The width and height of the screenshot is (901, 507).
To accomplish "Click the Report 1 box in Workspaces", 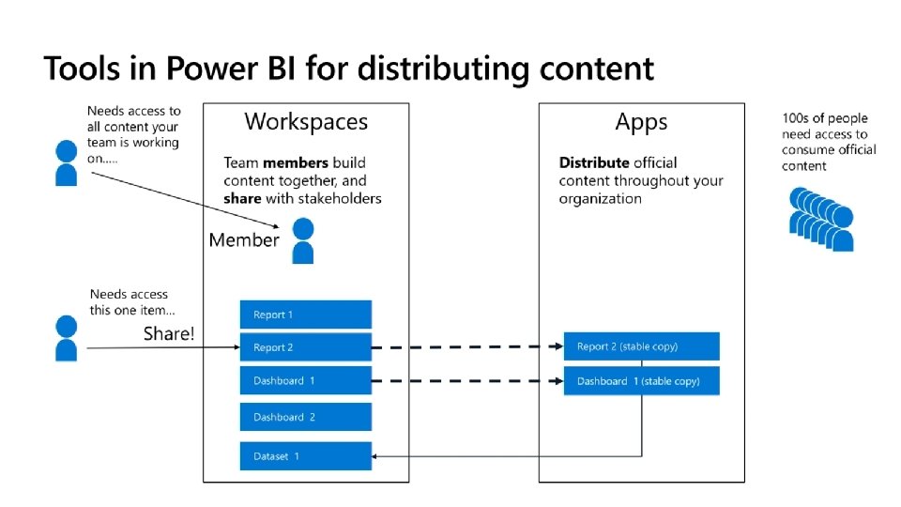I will tap(306, 315).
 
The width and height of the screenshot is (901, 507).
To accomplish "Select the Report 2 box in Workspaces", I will tap(306, 347).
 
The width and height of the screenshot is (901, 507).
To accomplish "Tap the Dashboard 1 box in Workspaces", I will tap(306, 381).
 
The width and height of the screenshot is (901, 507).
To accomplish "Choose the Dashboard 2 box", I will tap(306, 417).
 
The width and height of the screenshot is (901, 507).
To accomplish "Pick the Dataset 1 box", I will tap(306, 456).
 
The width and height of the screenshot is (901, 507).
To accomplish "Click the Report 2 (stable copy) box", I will tap(641, 346).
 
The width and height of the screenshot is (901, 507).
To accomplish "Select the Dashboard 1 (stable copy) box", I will tap(641, 381).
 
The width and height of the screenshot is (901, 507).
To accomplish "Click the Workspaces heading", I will tap(306, 121).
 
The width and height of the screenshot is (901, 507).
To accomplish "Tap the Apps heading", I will tap(641, 121).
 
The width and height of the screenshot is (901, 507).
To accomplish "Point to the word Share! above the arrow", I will tap(169, 333).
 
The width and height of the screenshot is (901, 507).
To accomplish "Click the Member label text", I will tap(244, 240).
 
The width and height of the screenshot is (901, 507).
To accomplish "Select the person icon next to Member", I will tap(302, 240).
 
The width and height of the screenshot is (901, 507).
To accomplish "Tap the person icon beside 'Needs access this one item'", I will tap(66, 338).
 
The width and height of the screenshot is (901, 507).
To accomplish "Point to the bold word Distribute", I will tap(594, 162).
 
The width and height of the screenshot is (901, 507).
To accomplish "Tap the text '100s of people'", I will tap(825, 118).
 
